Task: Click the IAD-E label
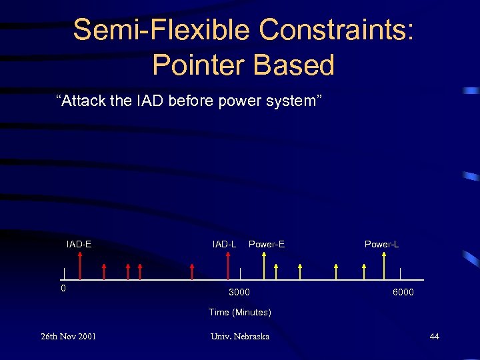(x=79, y=244)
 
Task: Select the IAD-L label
(x=224, y=244)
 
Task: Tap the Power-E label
(x=266, y=244)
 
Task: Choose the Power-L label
(x=381, y=244)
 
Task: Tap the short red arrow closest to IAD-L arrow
(x=192, y=271)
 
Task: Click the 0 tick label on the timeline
(x=63, y=289)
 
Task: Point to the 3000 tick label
(x=239, y=292)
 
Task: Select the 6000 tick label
(x=403, y=292)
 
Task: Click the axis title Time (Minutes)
(x=239, y=312)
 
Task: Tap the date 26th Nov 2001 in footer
(x=68, y=336)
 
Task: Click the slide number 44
(x=434, y=336)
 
